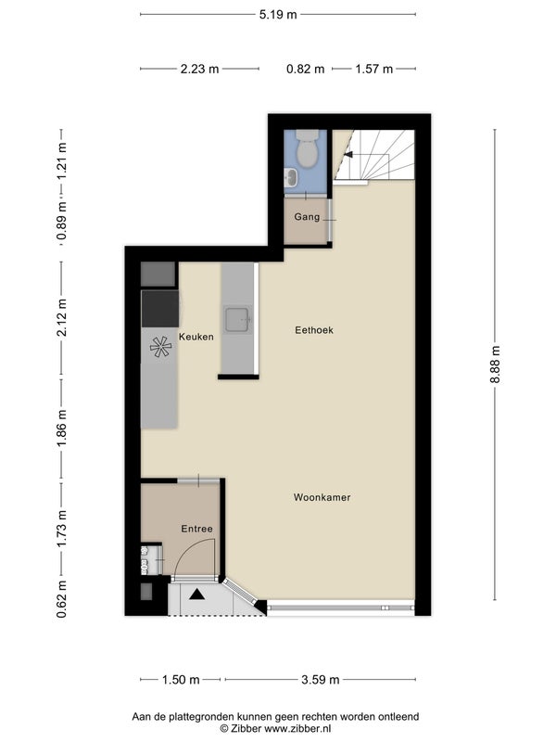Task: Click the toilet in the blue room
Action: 307,148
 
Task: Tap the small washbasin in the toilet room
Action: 291,177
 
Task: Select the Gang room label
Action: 307,217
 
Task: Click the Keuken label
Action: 196,337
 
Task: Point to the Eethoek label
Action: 314,330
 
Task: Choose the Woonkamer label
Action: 322,497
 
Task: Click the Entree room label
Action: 196,529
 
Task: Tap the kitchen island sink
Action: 237,320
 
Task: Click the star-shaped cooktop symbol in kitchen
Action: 160,346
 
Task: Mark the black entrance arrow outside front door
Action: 197,595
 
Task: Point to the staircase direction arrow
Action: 348,154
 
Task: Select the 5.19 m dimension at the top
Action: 278,15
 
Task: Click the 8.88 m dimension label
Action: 495,365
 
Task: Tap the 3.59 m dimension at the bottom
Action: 321,680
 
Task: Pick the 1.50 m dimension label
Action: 181,680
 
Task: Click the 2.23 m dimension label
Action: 199,69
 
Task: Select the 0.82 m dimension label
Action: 306,69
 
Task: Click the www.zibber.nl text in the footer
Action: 297,729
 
